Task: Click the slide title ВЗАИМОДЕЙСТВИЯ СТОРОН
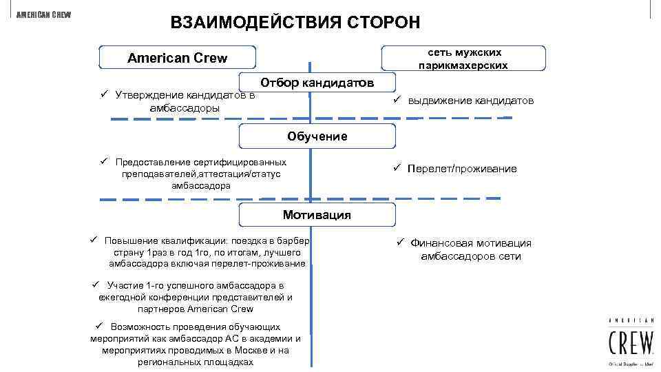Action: (295, 22)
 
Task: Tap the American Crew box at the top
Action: (177, 58)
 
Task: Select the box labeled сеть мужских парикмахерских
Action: (463, 59)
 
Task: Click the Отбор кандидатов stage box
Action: (317, 83)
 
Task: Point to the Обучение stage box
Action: (317, 136)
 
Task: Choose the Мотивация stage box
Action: (317, 215)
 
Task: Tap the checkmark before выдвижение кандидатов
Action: (398, 99)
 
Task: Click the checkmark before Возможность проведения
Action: (100, 325)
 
